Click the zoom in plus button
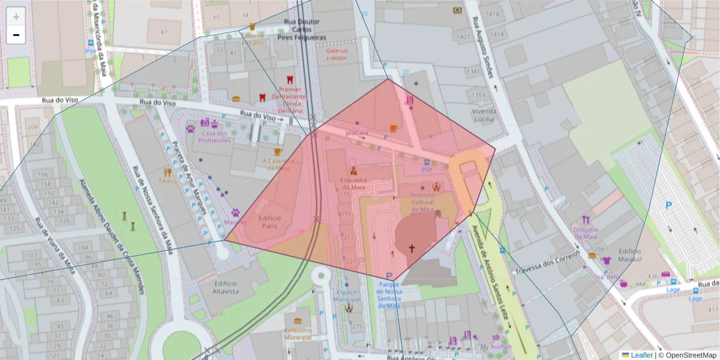point(16,16)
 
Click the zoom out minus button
point(16,35)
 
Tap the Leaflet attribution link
point(641,355)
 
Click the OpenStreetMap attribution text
point(690,355)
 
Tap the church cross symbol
point(412,247)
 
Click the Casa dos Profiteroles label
point(215,137)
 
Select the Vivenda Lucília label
point(484,115)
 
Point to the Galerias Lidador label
point(337,55)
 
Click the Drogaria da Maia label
point(586,233)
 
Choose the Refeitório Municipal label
point(298,334)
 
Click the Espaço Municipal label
point(347,295)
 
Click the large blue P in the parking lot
point(668,206)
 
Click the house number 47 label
point(164,31)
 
